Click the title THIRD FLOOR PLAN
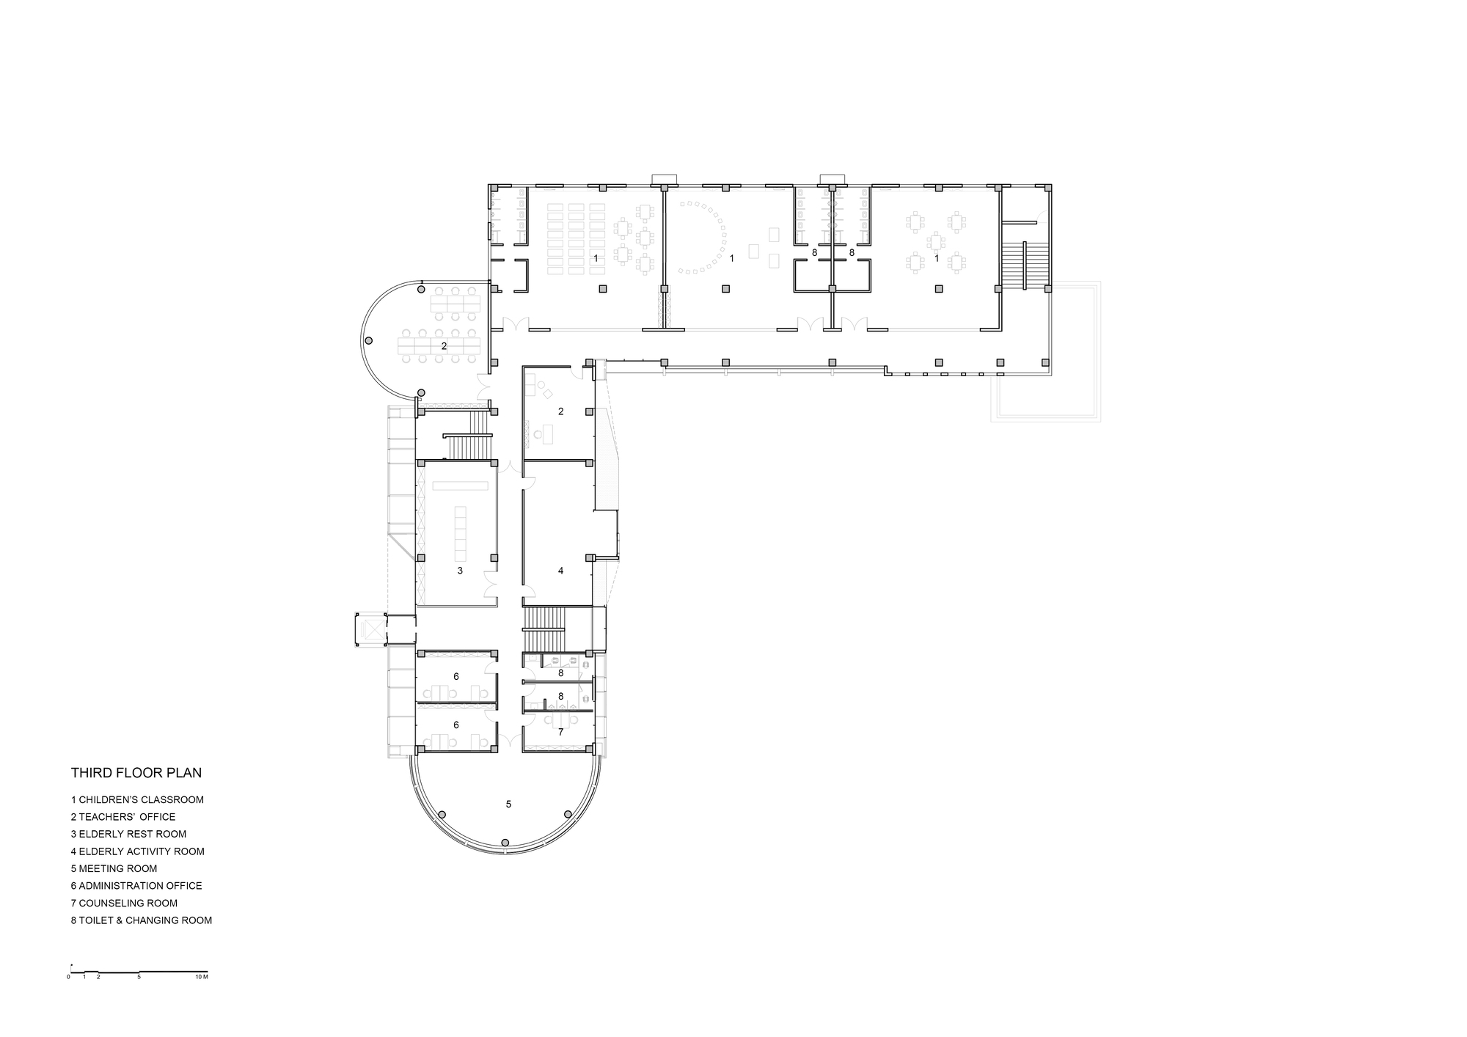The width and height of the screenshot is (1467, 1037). click(136, 773)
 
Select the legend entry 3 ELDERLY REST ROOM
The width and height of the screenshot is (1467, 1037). click(128, 834)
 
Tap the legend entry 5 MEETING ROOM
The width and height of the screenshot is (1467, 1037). click(114, 868)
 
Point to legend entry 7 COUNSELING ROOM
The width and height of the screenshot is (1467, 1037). click(124, 903)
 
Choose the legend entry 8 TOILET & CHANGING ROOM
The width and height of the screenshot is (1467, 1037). click(142, 920)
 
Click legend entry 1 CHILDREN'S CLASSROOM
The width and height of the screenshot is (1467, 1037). click(137, 799)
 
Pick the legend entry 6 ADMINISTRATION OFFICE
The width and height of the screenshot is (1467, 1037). click(136, 886)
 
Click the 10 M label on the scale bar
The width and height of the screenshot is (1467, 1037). click(202, 977)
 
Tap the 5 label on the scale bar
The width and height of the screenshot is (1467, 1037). click(139, 977)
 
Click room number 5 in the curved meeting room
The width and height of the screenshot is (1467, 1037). click(508, 804)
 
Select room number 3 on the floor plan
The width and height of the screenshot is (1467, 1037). click(460, 571)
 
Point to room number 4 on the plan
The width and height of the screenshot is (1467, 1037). click(561, 571)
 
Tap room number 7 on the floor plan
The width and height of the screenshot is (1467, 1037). click(560, 732)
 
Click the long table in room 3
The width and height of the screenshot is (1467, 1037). click(462, 532)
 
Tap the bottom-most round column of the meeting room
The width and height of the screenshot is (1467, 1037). click(505, 843)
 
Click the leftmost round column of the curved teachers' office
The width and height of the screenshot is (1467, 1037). click(369, 341)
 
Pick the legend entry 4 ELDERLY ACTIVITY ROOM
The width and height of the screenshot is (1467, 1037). click(137, 851)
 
